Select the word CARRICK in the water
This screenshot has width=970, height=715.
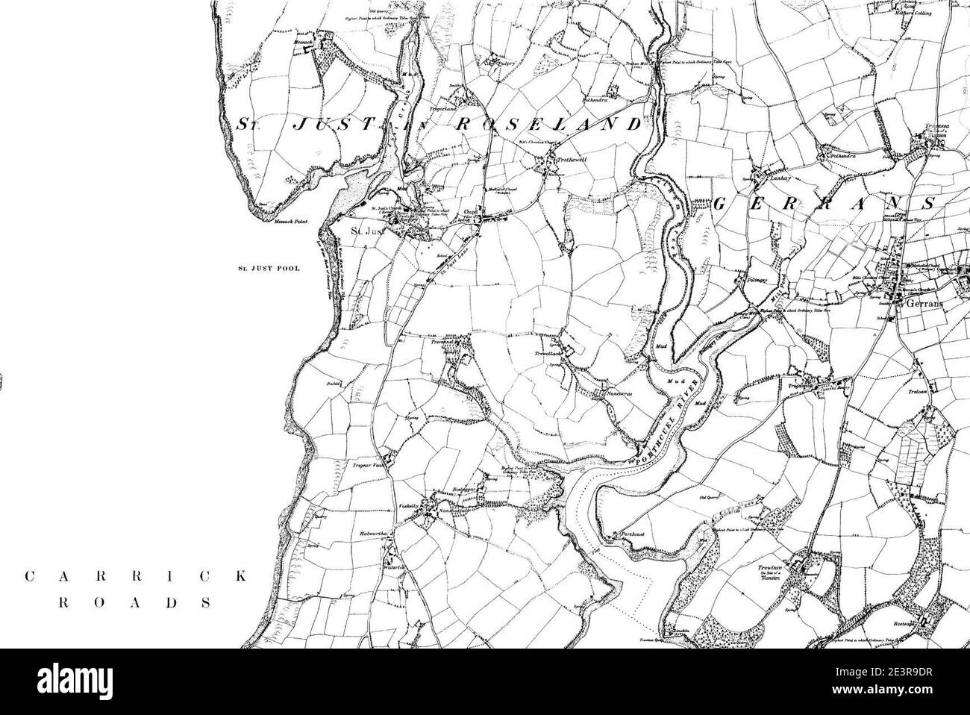tap(134, 576)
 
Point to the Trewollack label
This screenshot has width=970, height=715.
tap(548, 354)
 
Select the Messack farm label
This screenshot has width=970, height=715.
tap(302, 43)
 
